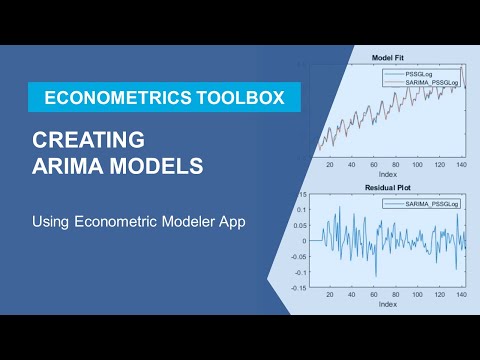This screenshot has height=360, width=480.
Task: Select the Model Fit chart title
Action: [x=387, y=57]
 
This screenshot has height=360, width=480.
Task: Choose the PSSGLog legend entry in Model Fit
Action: [x=419, y=73]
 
